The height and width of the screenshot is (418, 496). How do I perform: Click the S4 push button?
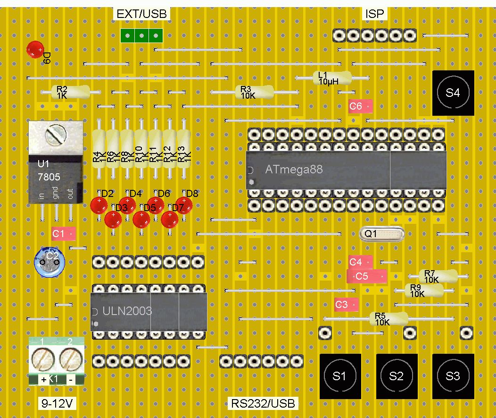coord(453,93)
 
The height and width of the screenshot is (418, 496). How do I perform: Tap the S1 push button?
coord(340,376)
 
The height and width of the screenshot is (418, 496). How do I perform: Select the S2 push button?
coord(397,376)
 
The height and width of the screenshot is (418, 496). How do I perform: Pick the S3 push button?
coord(453,376)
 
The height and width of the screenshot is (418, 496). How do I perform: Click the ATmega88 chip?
coord(346,170)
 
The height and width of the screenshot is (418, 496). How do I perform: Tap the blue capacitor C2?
coord(50,260)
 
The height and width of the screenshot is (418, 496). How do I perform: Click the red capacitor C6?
coord(361,106)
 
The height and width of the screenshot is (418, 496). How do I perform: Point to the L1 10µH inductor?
coord(332,78)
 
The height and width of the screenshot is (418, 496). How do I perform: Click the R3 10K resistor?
coord(255,92)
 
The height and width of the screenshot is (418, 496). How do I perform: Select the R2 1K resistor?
coord(71,92)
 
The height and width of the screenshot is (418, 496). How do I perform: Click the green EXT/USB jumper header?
coord(141,35)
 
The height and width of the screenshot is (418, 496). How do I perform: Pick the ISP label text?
coord(375,14)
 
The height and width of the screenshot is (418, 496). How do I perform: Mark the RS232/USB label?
coord(263,403)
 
